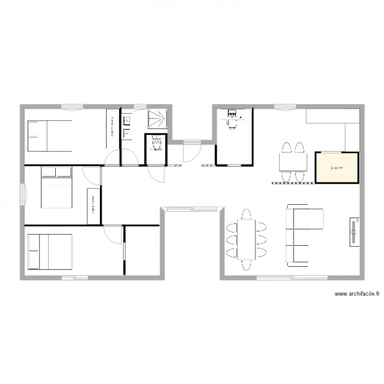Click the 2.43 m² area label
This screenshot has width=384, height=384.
click(x=336, y=167)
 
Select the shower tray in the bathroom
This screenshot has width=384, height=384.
click(x=157, y=118)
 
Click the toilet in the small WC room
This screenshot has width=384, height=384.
click(x=156, y=144)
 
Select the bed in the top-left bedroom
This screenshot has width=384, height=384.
click(x=49, y=135)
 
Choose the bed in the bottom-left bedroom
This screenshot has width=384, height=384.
click(x=49, y=251)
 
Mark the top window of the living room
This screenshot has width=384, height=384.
click(x=282, y=106)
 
